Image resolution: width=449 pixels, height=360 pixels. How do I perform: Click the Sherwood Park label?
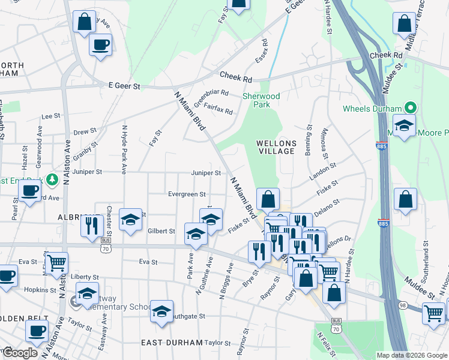(261, 100)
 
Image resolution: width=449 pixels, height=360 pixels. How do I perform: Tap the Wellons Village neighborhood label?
(276, 147)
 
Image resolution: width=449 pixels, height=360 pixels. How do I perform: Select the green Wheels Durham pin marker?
(411, 109)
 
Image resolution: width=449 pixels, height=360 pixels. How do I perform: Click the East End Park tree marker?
(53, 179)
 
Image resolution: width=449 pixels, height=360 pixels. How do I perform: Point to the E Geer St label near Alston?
(124, 86)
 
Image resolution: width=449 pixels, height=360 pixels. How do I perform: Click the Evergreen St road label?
(187, 194)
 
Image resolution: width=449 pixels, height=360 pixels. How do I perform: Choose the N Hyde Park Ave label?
(124, 149)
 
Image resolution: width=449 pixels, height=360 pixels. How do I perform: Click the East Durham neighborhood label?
(172, 342)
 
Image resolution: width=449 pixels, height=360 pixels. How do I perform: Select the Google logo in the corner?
(20, 353)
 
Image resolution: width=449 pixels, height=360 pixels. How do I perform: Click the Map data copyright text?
(411, 355)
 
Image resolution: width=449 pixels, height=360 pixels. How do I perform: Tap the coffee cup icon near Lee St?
(100, 44)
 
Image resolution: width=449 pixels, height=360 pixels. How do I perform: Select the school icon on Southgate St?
(161, 311)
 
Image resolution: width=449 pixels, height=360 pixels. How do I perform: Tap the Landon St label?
(319, 175)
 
